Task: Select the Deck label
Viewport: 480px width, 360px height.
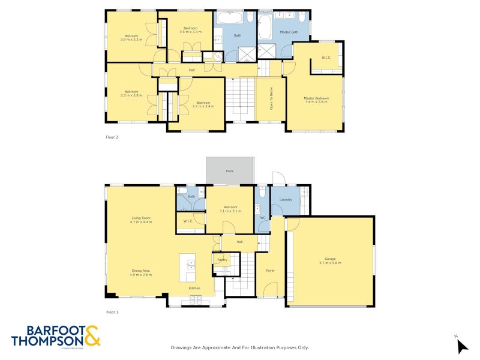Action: pyautogui.click(x=229, y=171)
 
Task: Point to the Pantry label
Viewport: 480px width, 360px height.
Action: pyautogui.click(x=221, y=259)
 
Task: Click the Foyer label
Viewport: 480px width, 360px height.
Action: pyautogui.click(x=270, y=271)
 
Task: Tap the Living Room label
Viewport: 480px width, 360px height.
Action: pyautogui.click(x=141, y=218)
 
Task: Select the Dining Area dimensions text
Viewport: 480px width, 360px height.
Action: pyautogui.click(x=141, y=274)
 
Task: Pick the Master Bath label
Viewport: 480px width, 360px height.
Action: pyautogui.click(x=289, y=32)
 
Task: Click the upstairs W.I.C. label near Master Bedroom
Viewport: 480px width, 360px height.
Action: pyautogui.click(x=326, y=58)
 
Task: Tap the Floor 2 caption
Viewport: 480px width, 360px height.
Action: pyautogui.click(x=112, y=137)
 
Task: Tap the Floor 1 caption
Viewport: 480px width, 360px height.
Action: pyautogui.click(x=112, y=312)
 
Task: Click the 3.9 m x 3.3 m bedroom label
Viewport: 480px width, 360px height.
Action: pyautogui.click(x=131, y=37)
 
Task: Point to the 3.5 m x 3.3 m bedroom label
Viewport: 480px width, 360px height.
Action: pyautogui.click(x=190, y=30)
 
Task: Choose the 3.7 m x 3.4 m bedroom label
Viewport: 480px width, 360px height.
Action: pyautogui.click(x=203, y=104)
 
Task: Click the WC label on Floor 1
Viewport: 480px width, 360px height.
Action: pyautogui.click(x=262, y=217)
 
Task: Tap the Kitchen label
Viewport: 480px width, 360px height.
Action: pyautogui.click(x=194, y=289)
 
